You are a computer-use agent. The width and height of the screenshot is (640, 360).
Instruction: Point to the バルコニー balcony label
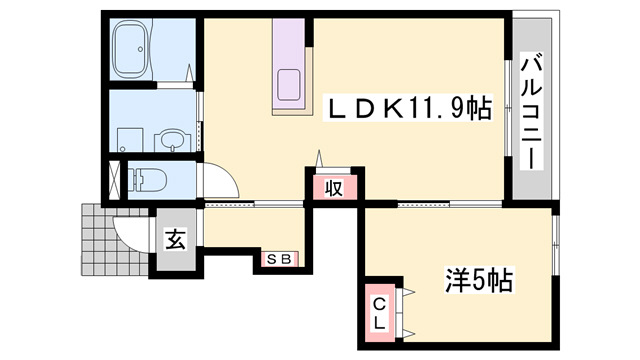coord(533,110)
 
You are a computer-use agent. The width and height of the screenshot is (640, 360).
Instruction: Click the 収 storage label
coord(333,186)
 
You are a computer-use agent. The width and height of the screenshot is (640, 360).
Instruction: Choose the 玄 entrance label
coord(174,240)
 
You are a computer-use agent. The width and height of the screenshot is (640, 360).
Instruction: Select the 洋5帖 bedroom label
coord(478,281)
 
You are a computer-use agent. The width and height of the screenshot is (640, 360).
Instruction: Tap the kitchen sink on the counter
coord(290,85)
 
